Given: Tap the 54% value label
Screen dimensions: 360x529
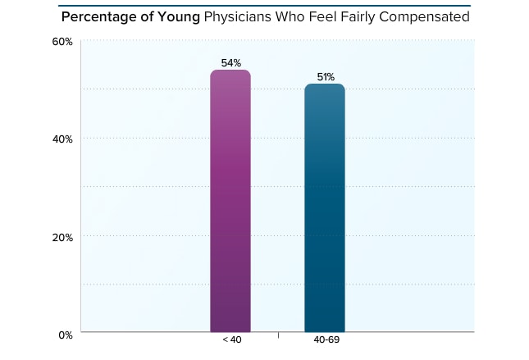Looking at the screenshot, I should (x=230, y=63).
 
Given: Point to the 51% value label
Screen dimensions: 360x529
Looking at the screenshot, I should (x=326, y=77).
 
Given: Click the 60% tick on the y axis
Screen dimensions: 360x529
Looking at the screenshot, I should (x=63, y=41).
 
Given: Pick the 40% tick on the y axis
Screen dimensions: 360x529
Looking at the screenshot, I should (x=63, y=139).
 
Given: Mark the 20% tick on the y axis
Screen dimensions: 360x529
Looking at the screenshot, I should (x=63, y=237).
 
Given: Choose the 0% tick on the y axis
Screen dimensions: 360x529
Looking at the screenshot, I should (x=66, y=335).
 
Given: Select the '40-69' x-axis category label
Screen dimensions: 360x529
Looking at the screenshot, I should (x=326, y=340).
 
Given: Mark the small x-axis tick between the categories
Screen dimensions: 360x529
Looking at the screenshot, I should (x=278, y=335).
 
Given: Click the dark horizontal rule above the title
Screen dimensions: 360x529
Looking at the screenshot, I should (x=264, y=5).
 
